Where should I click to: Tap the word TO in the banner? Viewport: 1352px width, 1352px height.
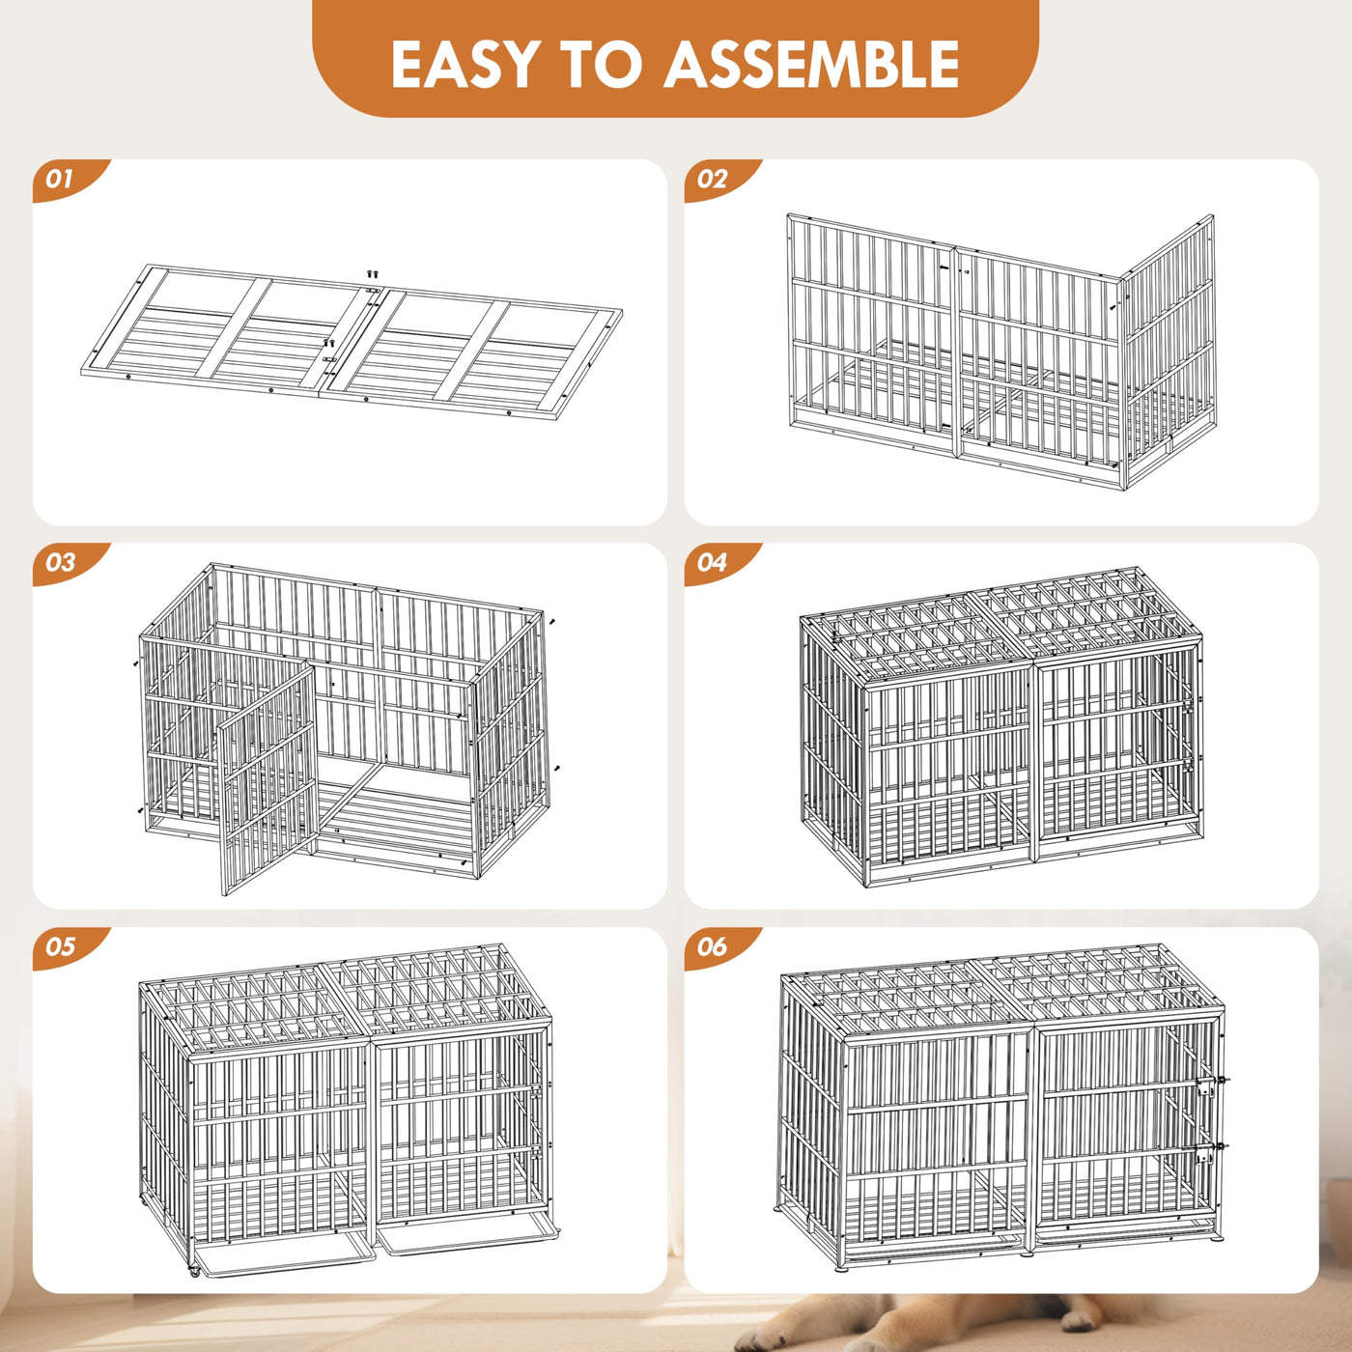pos(603,64)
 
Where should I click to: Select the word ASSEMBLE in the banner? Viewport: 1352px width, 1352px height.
pos(812,64)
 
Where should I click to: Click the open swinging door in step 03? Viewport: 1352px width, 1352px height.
pos(268,778)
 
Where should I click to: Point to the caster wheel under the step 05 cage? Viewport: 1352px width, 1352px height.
pos(194,1272)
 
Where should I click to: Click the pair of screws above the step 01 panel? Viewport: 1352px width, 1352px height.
pos(373,272)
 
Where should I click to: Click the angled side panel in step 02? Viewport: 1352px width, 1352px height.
pos(1168,351)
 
